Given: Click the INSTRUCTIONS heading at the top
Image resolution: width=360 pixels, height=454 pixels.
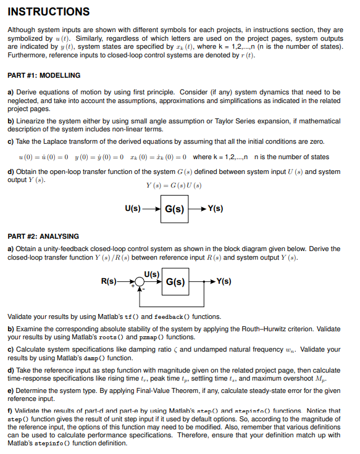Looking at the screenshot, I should tap(49, 12).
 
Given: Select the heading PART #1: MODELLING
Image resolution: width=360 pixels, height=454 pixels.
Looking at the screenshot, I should tap(44, 75).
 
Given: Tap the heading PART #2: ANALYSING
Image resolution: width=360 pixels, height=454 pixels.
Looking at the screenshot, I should tap(43, 236).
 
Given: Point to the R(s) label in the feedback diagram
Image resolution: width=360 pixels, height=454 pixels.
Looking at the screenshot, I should tap(109, 282).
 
